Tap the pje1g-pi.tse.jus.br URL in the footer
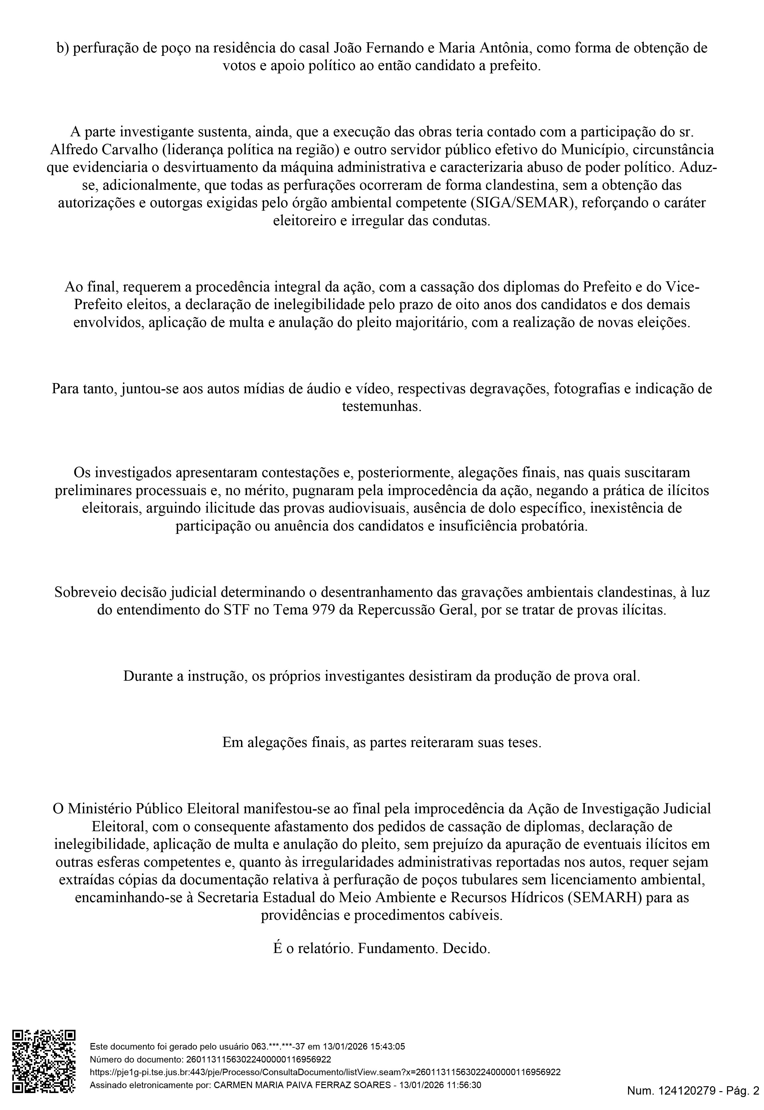tap(325, 1072)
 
